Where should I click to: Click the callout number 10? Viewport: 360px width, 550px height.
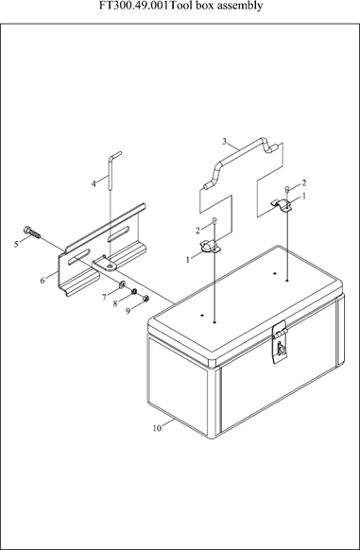pos(157,428)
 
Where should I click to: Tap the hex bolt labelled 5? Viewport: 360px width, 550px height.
pos(32,232)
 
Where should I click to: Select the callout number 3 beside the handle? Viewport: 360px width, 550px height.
pos(224,142)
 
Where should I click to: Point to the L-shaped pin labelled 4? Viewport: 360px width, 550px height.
pos(111,170)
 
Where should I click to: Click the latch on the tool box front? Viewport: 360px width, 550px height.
pos(280,343)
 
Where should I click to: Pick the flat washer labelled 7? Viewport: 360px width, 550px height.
pos(123,284)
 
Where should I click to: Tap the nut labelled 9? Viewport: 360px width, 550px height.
pos(146,299)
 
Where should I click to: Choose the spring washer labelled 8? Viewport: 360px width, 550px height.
pos(134,292)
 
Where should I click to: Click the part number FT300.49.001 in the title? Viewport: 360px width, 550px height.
pos(134,6)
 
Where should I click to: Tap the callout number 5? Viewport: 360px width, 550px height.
pos(16,244)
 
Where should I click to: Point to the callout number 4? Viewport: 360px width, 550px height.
pos(94,183)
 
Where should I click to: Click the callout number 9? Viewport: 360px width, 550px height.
pos(129,311)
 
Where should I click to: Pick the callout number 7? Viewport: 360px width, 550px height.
pos(104,298)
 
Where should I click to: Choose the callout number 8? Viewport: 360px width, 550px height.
pos(115,303)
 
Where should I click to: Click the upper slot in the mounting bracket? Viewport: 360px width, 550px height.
pos(118,234)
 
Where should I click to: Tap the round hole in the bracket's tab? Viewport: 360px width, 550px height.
pos(111,267)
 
